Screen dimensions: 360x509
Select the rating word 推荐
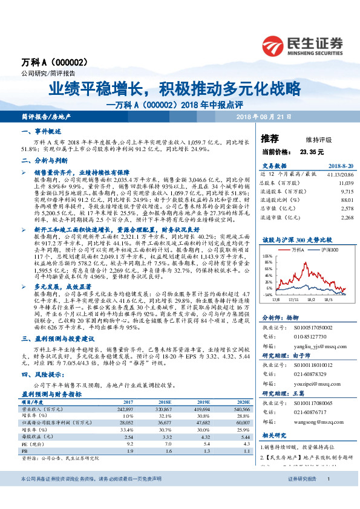[270, 138]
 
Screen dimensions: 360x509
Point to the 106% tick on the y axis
[267, 256]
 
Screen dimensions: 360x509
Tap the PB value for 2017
[128, 451]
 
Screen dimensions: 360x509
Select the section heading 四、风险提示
[41, 375]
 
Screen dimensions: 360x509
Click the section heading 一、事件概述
[41, 131]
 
